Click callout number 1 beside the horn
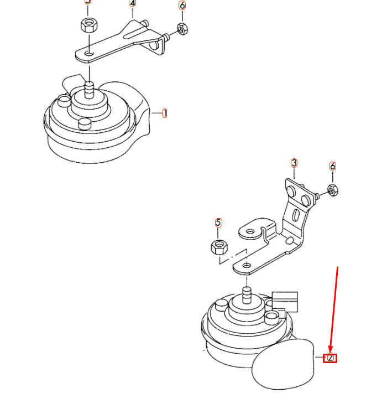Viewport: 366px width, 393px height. pos(165,113)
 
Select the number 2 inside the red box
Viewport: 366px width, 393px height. pos(331,358)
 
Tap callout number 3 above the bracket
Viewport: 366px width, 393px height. pos(294,163)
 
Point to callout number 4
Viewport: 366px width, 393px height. pos(132,3)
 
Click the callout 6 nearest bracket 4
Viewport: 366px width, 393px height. pos(182,6)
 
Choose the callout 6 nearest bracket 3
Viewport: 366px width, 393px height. pos(332,166)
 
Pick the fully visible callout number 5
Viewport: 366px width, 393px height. pos(218,223)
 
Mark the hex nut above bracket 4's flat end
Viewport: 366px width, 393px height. pos(87,25)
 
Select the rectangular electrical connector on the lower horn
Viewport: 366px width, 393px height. pos(284,302)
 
